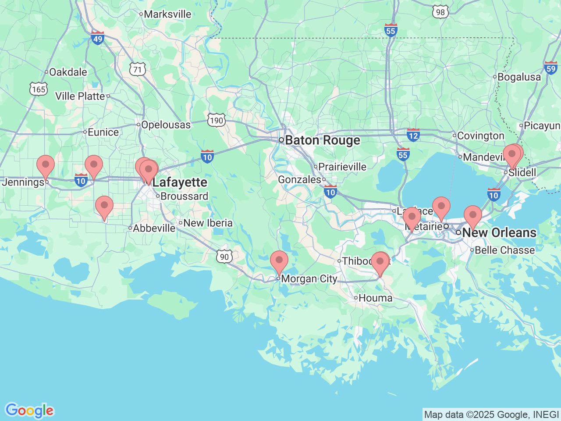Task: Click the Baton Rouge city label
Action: (x=322, y=140)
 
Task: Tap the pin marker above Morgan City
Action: (x=279, y=261)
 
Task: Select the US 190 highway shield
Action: (x=216, y=120)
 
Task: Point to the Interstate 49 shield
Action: (x=97, y=38)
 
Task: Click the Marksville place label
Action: (x=167, y=14)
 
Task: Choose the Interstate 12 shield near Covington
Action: (x=413, y=135)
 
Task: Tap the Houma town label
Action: (x=375, y=298)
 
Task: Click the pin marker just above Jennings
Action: (x=46, y=165)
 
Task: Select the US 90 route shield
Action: (x=224, y=257)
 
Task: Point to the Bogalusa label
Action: (x=519, y=77)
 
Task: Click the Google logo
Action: (x=29, y=411)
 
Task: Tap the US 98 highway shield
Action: (x=440, y=12)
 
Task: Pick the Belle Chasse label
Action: (x=504, y=250)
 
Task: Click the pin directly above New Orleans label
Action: (x=473, y=215)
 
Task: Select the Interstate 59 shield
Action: (x=551, y=68)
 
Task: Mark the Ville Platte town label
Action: (x=80, y=96)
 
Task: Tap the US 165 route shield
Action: (x=39, y=89)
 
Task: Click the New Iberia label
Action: (x=208, y=223)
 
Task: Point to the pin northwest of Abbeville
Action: (x=104, y=206)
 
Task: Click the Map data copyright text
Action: (x=491, y=414)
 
